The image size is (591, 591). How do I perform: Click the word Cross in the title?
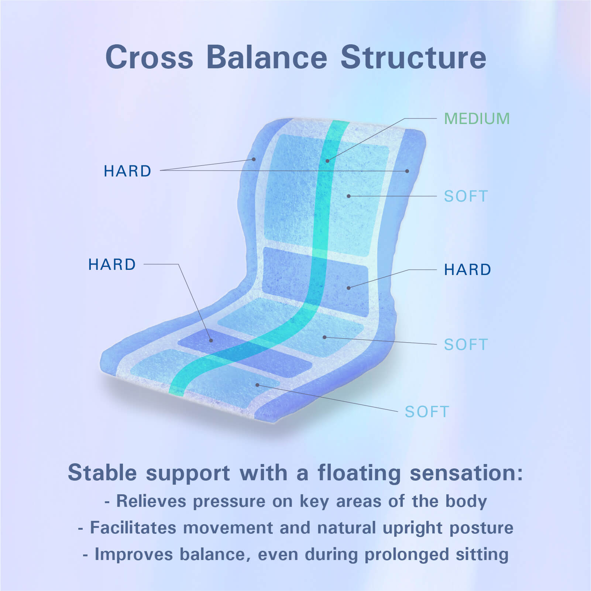tap(149, 57)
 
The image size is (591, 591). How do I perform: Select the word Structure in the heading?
tap(413, 57)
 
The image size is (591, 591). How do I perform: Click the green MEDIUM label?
tap(477, 118)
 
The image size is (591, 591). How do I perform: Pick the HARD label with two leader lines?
tap(127, 171)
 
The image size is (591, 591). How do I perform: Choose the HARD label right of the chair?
tap(467, 269)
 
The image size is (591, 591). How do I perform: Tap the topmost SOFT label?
tap(466, 196)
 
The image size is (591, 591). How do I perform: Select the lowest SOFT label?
tap(427, 412)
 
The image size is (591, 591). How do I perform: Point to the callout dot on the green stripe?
tap(327, 161)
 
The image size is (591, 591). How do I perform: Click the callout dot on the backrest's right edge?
tap(407, 171)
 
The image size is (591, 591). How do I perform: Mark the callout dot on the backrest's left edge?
tap(254, 159)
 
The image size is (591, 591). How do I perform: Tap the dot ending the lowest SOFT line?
tap(257, 385)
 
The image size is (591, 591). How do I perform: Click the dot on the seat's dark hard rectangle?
tap(211, 340)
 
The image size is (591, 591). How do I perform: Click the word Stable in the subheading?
tap(102, 473)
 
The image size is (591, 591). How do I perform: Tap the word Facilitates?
tap(133, 528)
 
